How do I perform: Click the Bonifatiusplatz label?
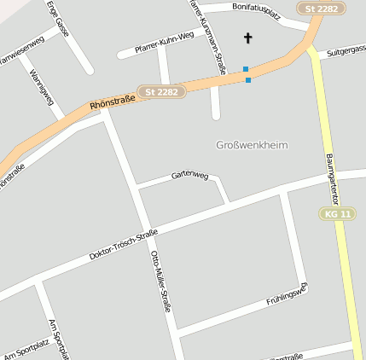pyautogui.click(x=250, y=10)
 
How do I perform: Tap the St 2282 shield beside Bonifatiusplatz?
pyautogui.click(x=322, y=8)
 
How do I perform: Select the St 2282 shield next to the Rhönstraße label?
pyautogui.click(x=162, y=91)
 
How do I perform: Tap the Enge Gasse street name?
pyautogui.click(x=60, y=20)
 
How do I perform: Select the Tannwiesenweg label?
pyautogui.click(x=20, y=50)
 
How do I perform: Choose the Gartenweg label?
pyautogui.click(x=189, y=174)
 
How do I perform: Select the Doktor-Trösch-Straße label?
pyautogui.click(x=124, y=244)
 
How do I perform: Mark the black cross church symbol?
pyautogui.click(x=248, y=38)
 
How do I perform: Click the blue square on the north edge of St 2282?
pyautogui.click(x=246, y=69)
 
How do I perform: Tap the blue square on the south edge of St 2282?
pyautogui.click(x=248, y=80)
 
